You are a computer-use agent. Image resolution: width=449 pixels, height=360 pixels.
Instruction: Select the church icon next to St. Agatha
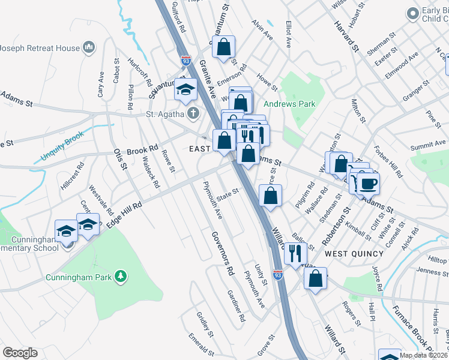coord(193,113)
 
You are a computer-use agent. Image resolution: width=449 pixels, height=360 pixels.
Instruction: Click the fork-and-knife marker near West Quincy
coord(294,253)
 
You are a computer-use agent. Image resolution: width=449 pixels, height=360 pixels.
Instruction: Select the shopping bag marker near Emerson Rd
coord(223,47)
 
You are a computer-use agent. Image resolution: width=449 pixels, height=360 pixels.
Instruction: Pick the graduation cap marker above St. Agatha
coord(186,89)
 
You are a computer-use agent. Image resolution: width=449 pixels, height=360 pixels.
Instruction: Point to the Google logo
coord(20,353)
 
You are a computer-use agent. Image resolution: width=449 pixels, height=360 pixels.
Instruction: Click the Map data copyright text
coord(423,355)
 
